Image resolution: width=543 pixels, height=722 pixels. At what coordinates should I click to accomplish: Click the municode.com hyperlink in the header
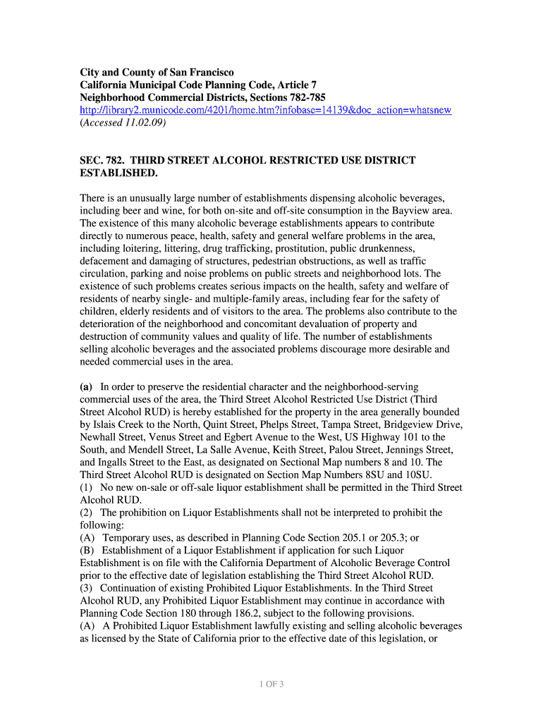tap(265, 111)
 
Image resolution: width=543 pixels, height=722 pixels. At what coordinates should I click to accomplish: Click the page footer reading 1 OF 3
tap(271, 684)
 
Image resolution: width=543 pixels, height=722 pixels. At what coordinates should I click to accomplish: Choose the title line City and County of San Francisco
tap(157, 73)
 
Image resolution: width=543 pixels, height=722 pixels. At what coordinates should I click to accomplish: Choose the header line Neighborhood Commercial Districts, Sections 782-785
tap(202, 98)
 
